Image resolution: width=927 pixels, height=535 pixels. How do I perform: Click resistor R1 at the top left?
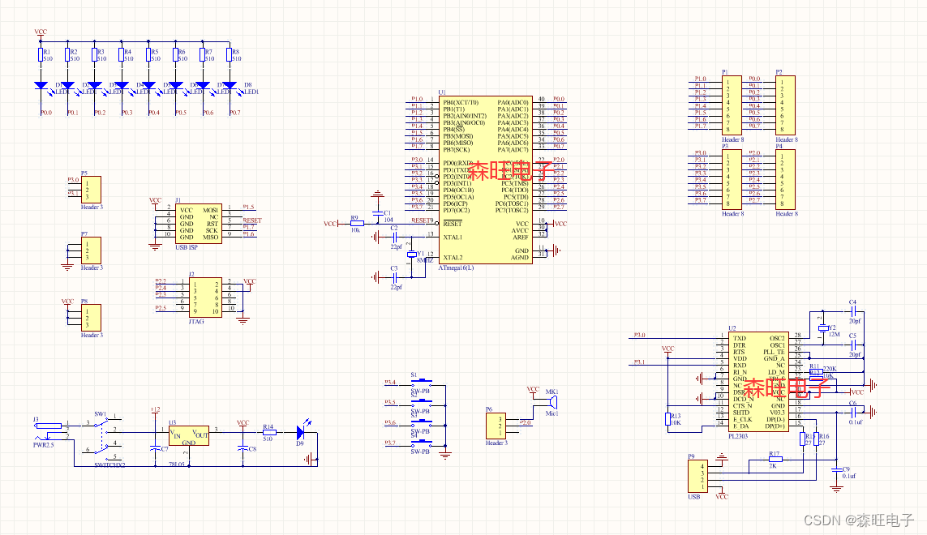[41, 55]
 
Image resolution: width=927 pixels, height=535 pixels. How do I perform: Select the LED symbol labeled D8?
[229, 85]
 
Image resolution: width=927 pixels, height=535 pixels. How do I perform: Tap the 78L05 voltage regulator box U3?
[188, 435]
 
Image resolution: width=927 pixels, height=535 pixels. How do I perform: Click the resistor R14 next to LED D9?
[269, 433]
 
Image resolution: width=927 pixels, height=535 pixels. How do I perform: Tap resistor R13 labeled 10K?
[667, 418]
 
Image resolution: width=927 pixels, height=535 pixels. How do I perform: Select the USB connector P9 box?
[697, 475]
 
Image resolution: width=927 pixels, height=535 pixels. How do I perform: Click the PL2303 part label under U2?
[739, 435]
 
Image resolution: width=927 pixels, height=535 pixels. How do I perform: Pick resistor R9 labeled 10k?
[356, 223]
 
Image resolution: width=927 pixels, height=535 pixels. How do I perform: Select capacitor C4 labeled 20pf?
[852, 311]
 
